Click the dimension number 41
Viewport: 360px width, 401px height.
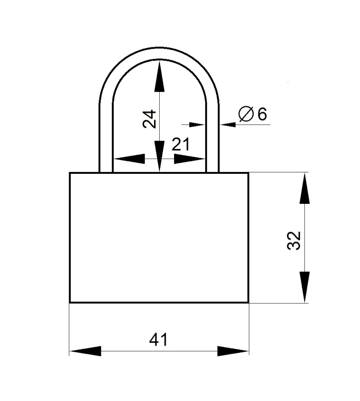tap(158, 339)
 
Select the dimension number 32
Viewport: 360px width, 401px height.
tap(294, 241)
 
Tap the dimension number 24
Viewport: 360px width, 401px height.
tap(149, 119)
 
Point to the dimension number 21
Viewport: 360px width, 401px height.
tap(181, 144)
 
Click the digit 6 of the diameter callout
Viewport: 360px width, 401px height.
tap(262, 114)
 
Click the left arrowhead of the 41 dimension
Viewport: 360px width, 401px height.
tap(85, 351)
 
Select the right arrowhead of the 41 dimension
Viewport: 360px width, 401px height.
tap(233, 351)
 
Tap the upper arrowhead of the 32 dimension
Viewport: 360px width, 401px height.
tap(305, 189)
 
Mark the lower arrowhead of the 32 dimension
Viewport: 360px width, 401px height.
tap(305, 287)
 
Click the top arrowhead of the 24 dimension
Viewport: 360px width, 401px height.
tap(159, 76)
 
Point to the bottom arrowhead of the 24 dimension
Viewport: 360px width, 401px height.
tap(159, 156)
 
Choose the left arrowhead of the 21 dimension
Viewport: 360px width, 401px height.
tap(129, 159)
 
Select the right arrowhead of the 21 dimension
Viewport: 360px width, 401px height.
tap(189, 159)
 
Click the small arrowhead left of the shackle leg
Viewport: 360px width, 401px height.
tap(197, 125)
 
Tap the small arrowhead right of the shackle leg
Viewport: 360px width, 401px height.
tap(228, 125)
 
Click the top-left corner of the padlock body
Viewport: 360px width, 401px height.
tap(70, 173)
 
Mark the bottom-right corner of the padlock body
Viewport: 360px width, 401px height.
tap(248, 302)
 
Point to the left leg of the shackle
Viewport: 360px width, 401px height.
tap(106, 138)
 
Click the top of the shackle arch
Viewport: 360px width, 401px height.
tap(159, 53)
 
